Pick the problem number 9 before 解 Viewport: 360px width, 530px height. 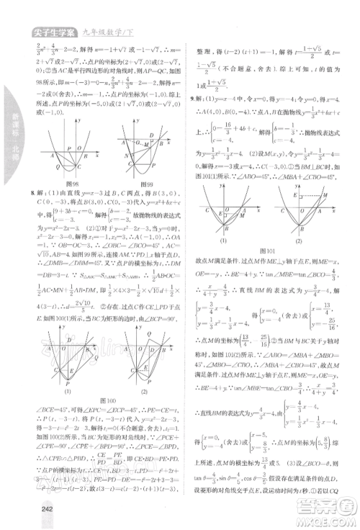[x=189, y=98]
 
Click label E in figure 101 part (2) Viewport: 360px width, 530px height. [x=276, y=194]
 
